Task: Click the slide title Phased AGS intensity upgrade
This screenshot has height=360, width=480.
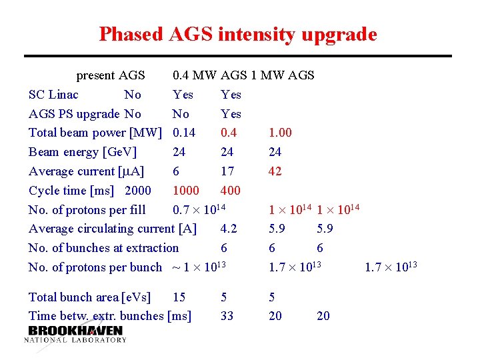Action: point(238,34)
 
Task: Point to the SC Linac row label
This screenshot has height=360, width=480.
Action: point(53,95)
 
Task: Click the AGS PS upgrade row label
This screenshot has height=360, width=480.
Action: point(74,114)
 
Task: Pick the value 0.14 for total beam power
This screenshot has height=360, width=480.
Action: point(184,133)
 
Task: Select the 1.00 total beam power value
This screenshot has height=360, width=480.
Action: point(280,133)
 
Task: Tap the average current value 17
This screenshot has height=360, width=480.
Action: point(227,171)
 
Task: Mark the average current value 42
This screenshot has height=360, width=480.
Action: point(275,171)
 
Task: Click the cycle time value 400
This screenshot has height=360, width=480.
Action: point(230,191)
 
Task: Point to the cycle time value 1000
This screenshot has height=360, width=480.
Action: point(186,191)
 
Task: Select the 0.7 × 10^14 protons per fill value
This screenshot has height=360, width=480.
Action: point(200,209)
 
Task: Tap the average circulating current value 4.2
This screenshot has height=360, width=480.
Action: point(228,229)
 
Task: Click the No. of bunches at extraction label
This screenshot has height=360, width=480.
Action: point(103,248)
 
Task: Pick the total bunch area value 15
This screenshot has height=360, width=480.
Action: point(179,297)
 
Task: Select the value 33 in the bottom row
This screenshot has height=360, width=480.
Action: point(227,316)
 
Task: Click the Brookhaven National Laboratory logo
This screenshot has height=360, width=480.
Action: point(75,333)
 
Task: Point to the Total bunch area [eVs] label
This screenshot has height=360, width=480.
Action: point(89,297)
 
